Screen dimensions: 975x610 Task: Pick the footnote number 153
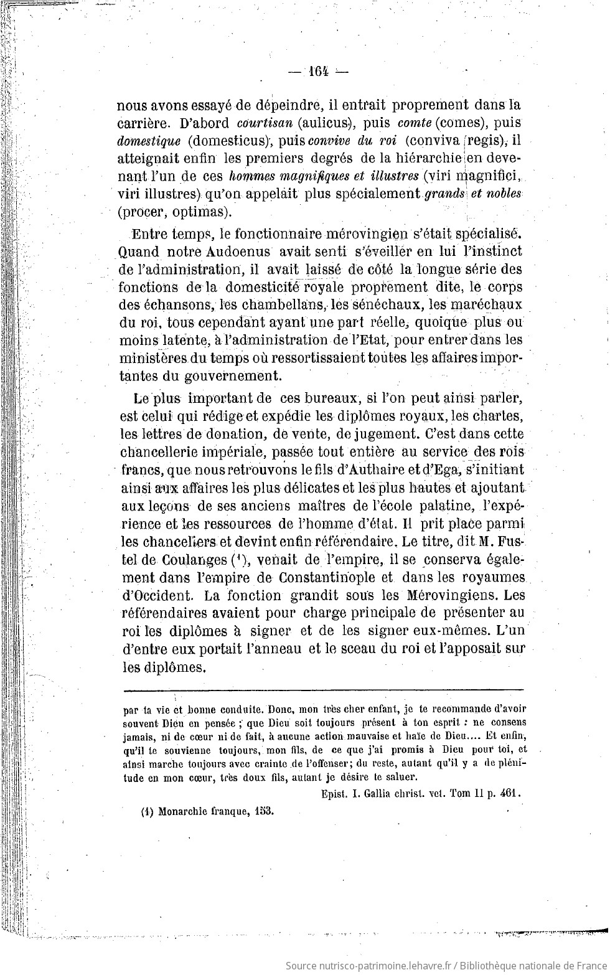264,812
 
